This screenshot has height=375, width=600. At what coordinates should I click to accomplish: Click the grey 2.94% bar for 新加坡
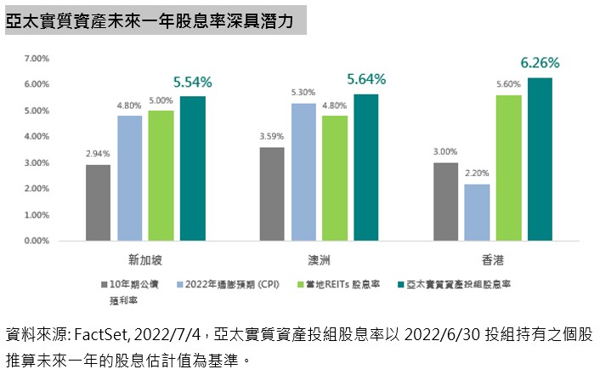pos(98,203)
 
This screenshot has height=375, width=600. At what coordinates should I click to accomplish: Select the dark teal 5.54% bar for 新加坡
pos(192,168)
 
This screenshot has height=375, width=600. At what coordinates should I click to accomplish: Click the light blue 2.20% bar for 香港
pos(477,213)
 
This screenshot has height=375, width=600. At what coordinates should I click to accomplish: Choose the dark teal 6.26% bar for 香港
pos(540,159)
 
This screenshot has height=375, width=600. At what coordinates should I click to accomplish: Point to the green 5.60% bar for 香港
pos(508,168)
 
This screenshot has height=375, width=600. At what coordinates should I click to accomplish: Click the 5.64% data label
pos(366,79)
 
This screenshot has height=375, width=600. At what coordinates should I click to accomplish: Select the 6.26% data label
pos(540,63)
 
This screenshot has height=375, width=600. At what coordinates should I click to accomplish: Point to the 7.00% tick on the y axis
pos(37,59)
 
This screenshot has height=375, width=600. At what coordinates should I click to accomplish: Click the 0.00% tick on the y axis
pos(37,241)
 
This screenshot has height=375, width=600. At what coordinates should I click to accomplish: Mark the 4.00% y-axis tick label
pos(37,137)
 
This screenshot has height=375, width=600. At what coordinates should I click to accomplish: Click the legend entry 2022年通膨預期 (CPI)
pos(229,283)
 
